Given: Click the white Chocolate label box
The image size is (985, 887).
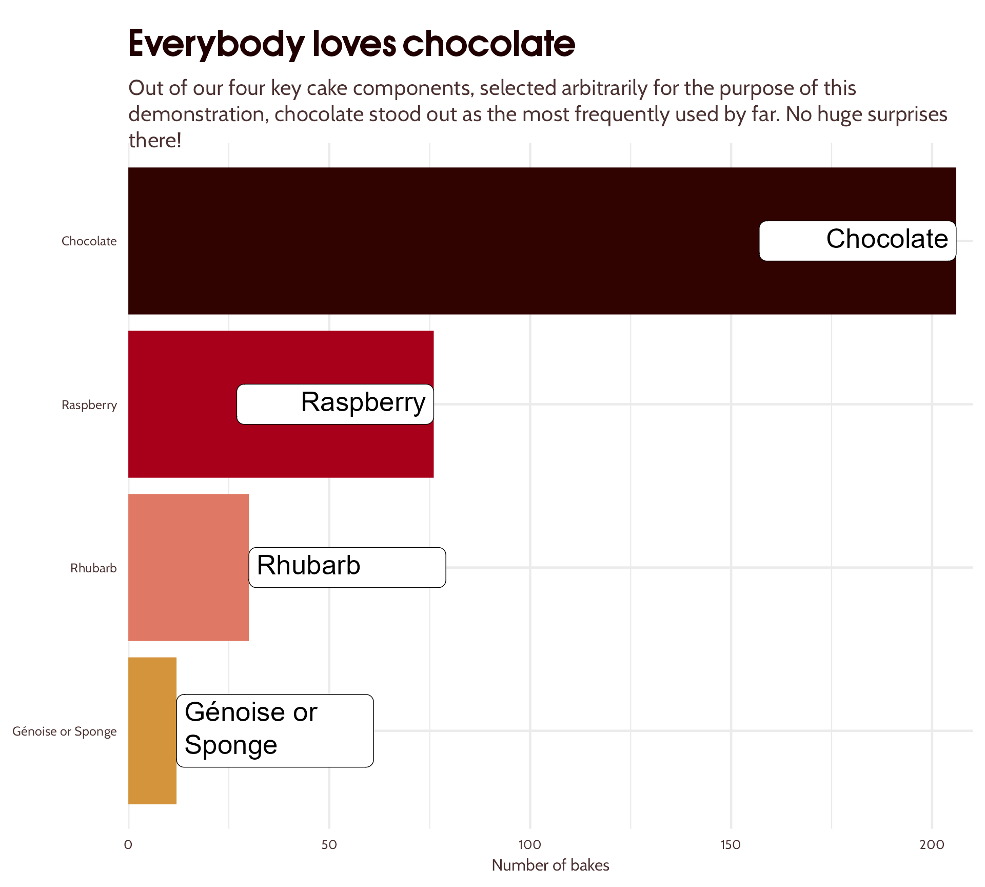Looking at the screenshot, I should click(857, 241).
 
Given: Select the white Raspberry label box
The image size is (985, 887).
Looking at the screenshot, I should click(335, 404).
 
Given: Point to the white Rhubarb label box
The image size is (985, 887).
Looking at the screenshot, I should click(347, 567).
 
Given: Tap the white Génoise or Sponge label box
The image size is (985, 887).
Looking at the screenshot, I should click(275, 730).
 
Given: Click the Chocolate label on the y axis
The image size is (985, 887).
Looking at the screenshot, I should click(89, 241).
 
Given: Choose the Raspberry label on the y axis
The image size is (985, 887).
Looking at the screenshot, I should click(89, 405).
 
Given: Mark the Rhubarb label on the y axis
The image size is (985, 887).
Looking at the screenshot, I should click(93, 568).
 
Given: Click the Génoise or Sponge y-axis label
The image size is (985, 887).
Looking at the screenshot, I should click(65, 731).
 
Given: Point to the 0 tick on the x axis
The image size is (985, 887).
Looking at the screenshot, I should click(128, 845).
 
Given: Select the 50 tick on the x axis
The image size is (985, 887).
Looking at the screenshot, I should click(329, 845).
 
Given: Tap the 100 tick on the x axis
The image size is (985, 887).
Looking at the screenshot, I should click(530, 845).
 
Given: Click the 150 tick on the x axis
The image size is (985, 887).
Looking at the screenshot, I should click(731, 845).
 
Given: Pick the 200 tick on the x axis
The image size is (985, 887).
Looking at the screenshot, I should click(932, 845).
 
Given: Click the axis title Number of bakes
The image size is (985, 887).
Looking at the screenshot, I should click(550, 865).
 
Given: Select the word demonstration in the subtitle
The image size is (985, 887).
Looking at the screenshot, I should click(198, 114).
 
